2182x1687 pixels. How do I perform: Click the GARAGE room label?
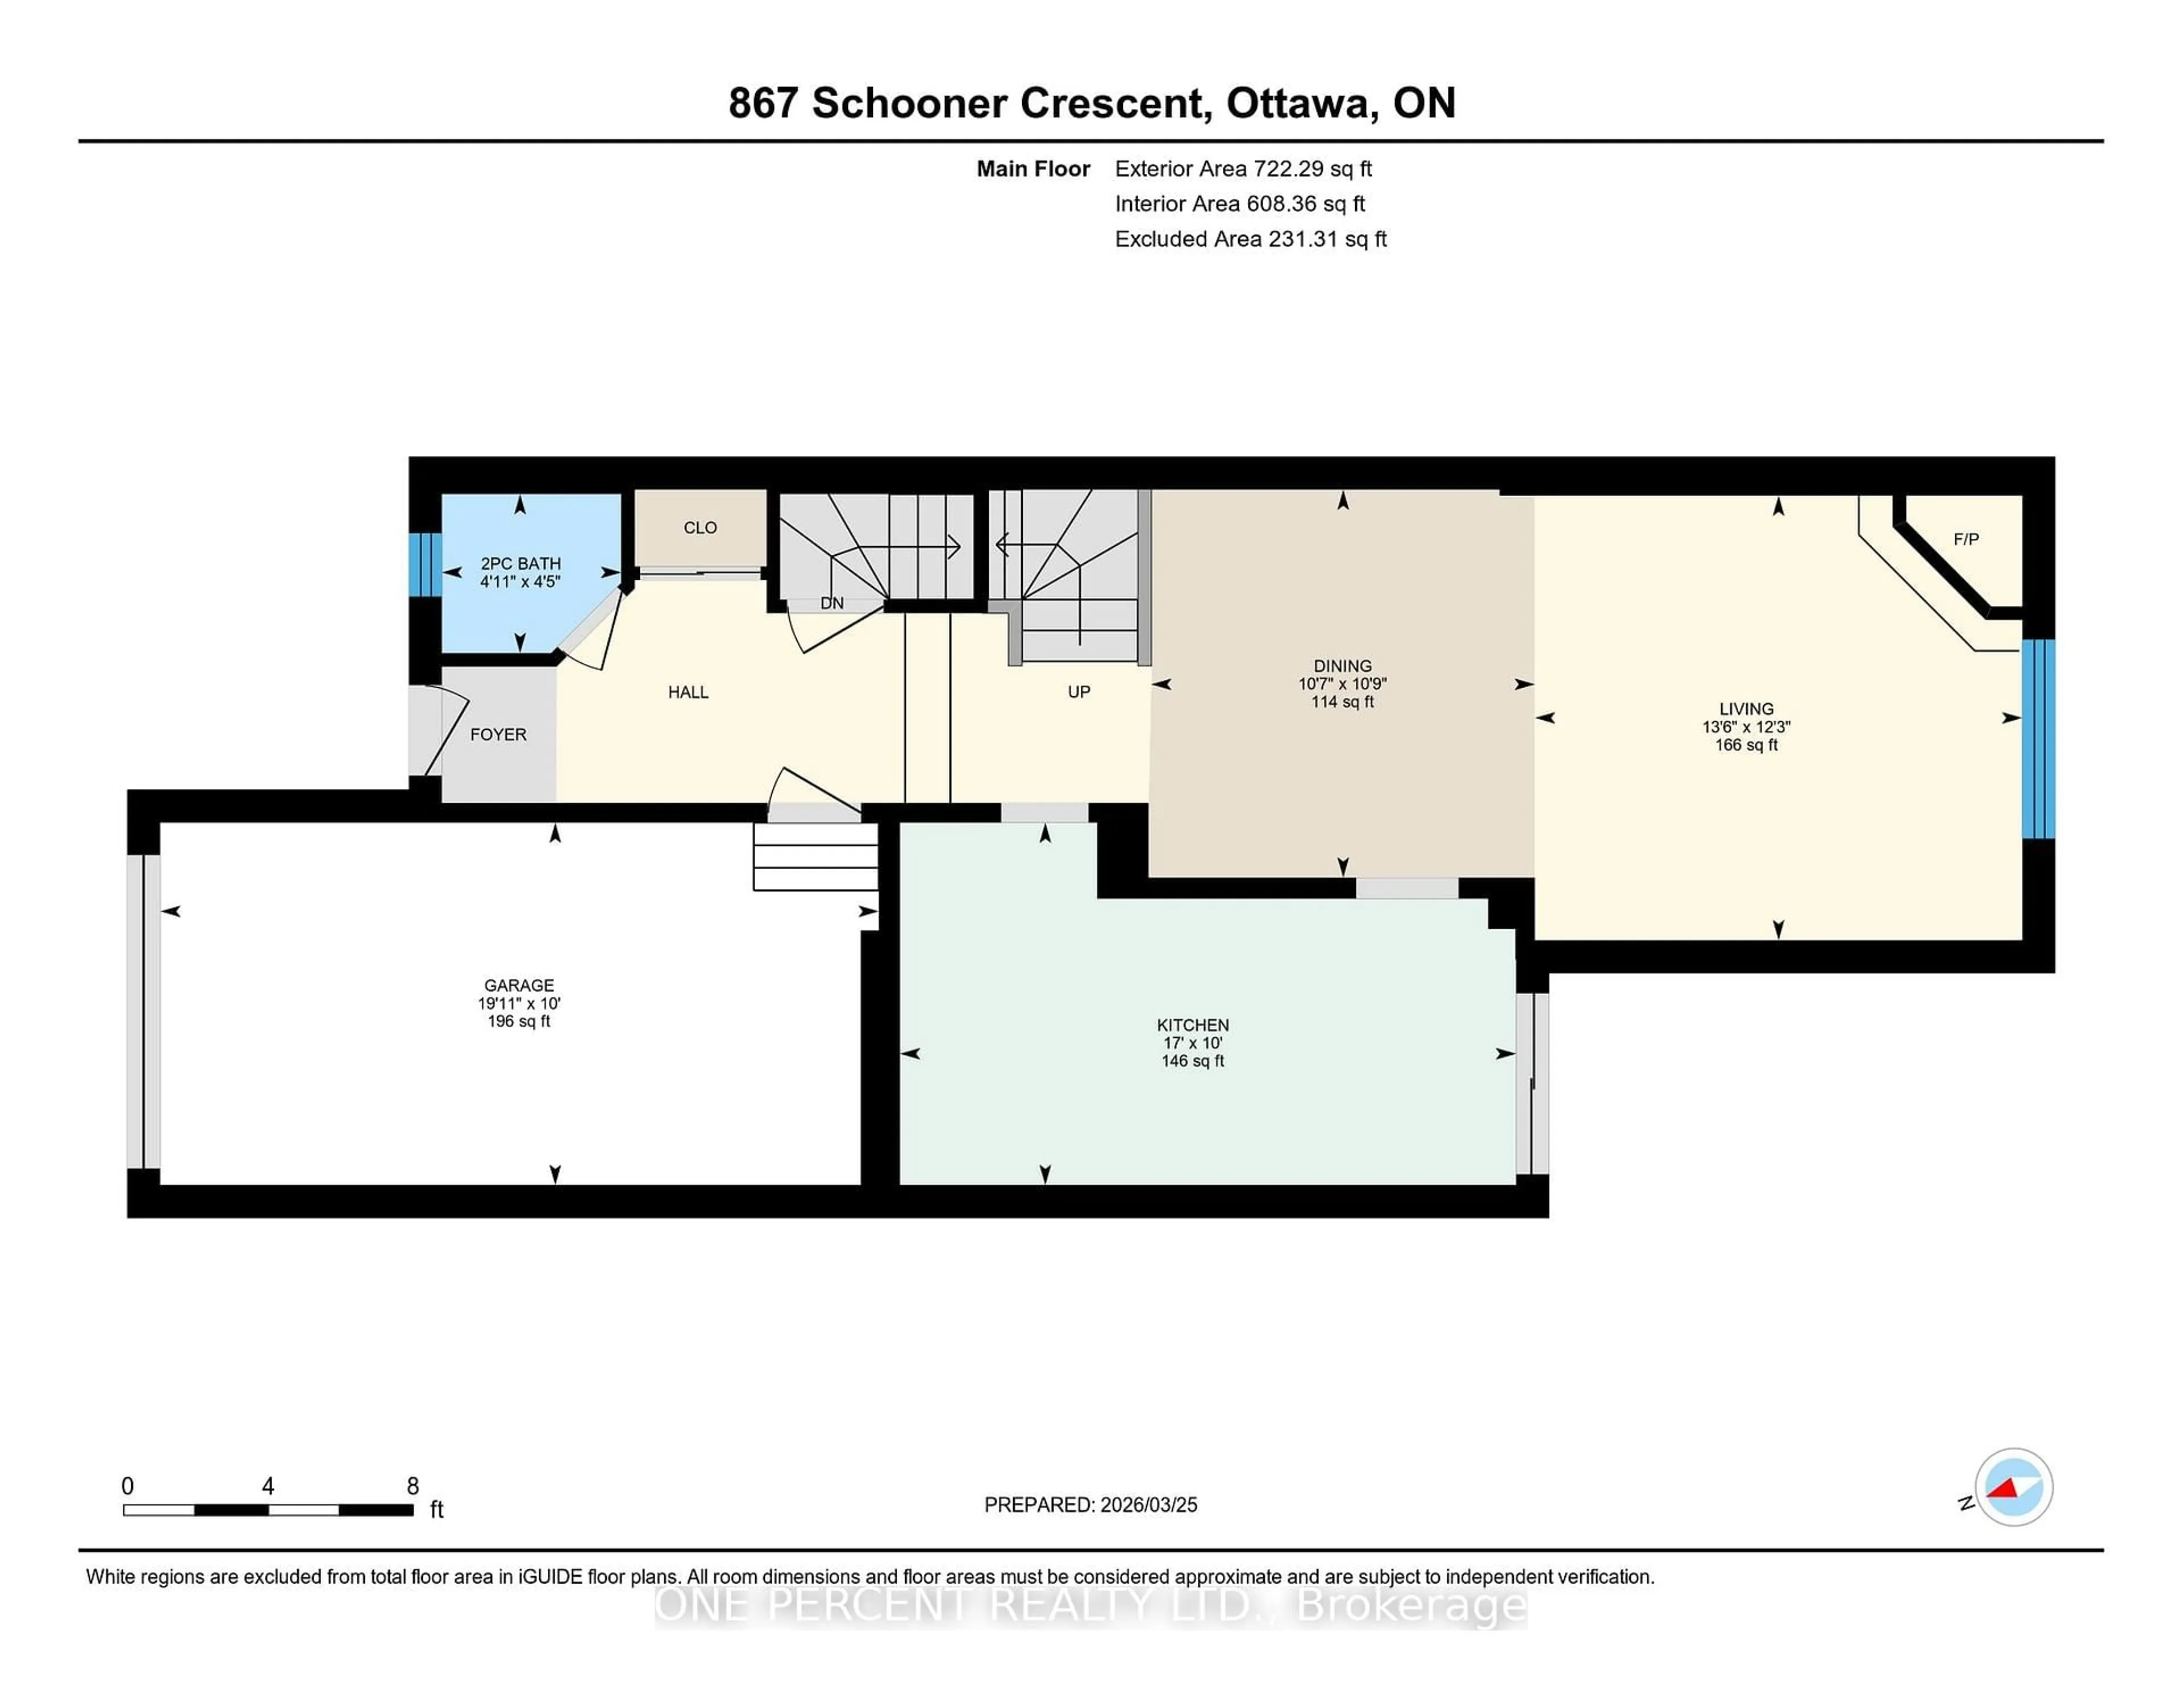519,986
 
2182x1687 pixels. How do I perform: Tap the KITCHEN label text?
1192,1025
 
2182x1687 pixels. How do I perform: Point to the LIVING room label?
1746,709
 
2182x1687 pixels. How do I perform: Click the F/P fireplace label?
1965,539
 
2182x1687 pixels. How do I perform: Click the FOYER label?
498,734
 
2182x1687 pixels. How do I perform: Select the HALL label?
688,692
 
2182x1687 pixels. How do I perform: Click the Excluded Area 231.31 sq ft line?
1250,239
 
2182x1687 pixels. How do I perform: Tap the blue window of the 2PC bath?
426,564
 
